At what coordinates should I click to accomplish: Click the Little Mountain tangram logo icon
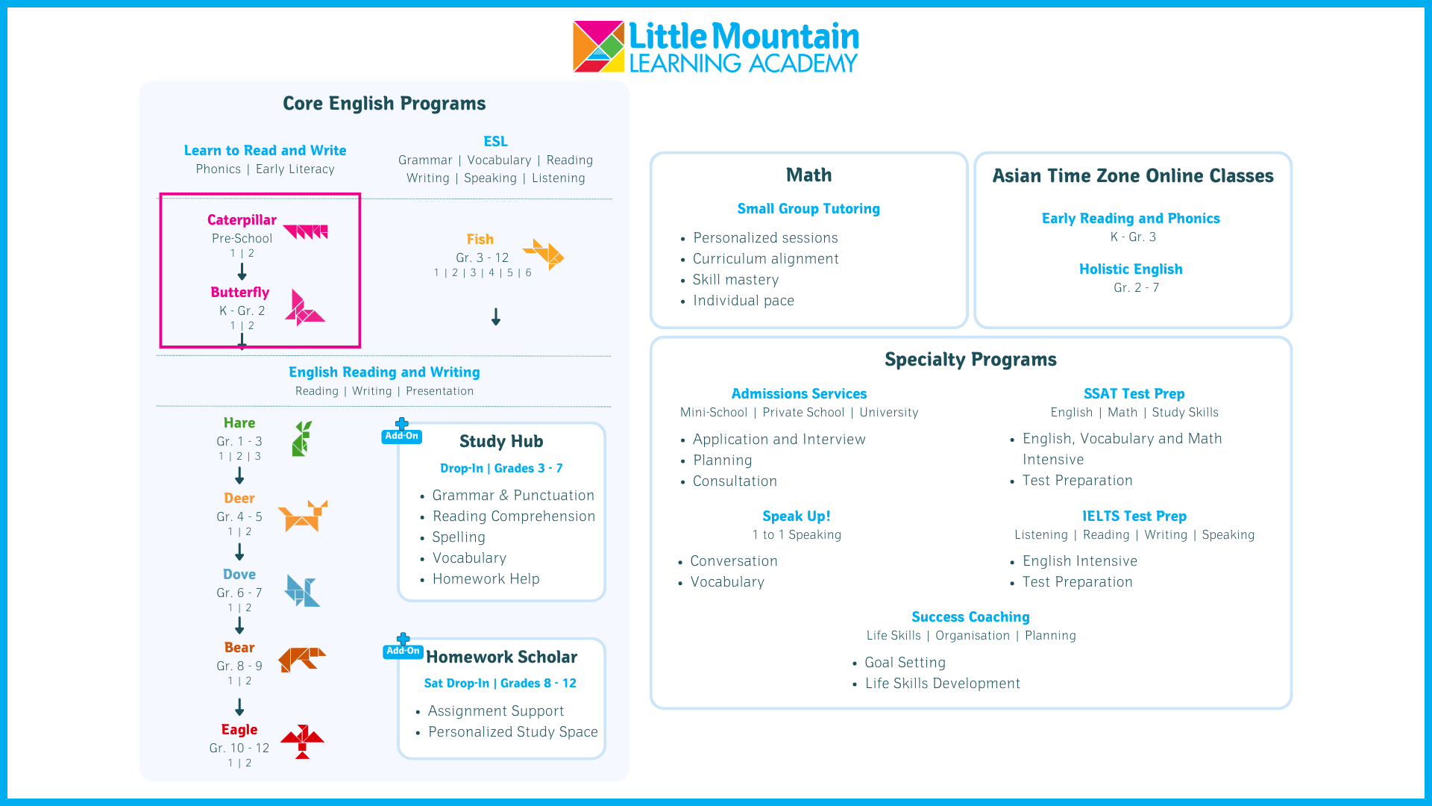point(598,46)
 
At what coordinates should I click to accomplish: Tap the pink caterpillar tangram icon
point(305,231)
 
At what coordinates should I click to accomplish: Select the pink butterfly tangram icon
point(304,307)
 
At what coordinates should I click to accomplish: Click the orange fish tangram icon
point(544,254)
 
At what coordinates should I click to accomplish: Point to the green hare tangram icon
point(302,438)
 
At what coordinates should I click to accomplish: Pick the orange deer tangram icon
point(303,516)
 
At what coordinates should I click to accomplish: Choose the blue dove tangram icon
point(302,590)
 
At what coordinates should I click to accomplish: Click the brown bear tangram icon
point(302,659)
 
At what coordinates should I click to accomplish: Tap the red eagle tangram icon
point(302,742)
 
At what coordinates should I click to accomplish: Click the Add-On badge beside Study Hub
point(402,431)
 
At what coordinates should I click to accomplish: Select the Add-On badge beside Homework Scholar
point(403,646)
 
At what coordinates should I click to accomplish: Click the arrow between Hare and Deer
point(239,475)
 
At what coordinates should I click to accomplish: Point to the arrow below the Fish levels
point(496,317)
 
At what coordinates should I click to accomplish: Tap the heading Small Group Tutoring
point(808,209)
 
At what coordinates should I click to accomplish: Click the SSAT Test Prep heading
point(1134,394)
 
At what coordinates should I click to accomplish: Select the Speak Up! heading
point(797,516)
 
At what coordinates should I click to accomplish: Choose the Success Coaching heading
point(970,617)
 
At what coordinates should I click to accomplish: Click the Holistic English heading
point(1131,269)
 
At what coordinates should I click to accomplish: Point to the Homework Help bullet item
point(486,579)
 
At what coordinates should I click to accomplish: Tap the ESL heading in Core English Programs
point(495,142)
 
